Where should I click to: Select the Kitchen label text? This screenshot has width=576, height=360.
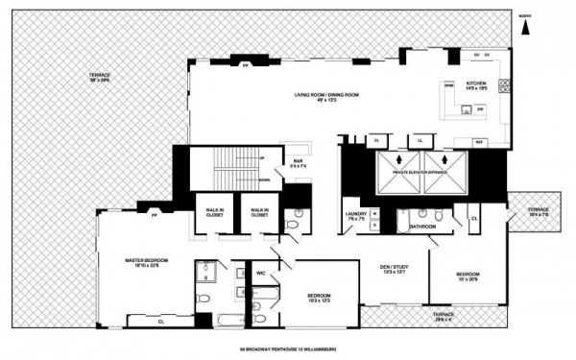[x=476, y=83]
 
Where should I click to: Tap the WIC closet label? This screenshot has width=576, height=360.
[x=260, y=274]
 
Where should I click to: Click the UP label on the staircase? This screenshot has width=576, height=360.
[x=261, y=157]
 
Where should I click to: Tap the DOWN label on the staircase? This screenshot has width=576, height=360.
[x=261, y=180]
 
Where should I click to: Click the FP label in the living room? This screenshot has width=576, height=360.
[x=246, y=66]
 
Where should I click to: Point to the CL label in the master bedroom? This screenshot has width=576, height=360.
[x=160, y=322]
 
